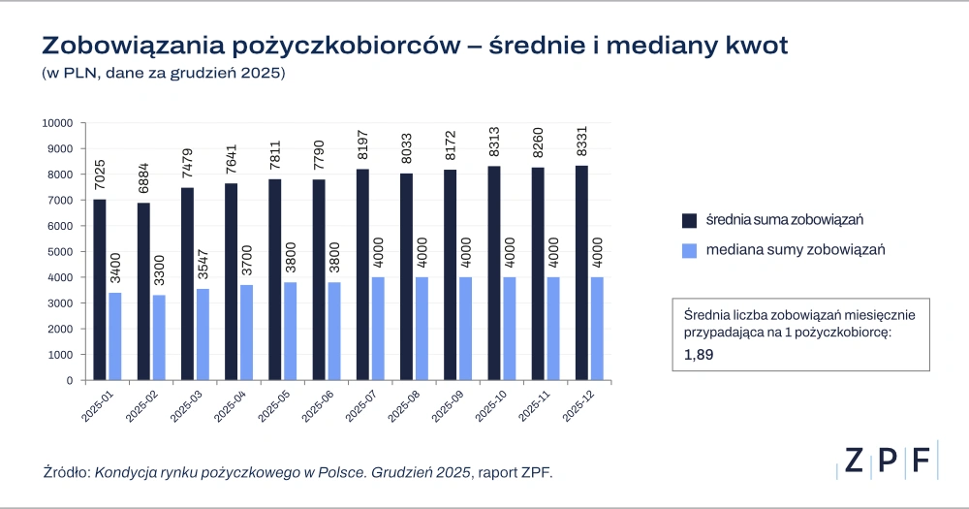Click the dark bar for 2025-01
coord(100,290)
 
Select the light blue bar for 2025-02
coord(158,337)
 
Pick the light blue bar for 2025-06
coord(333,331)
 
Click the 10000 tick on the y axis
coord(59,123)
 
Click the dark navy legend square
coord(689,218)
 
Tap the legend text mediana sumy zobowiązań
coord(797,250)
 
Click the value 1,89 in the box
coord(699,355)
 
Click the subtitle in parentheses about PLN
coord(163,75)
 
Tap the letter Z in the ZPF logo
coord(853,461)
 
